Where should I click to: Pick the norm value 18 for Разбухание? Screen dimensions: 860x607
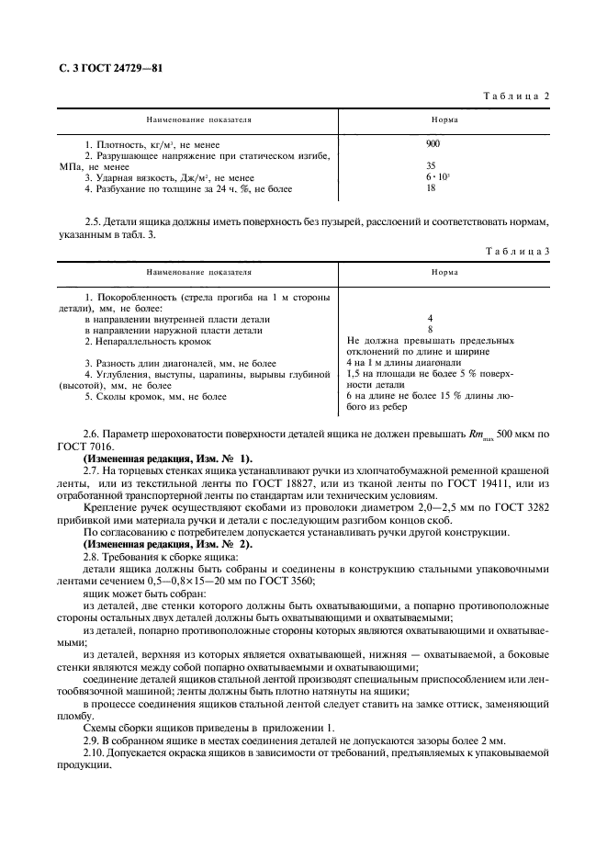click(x=430, y=188)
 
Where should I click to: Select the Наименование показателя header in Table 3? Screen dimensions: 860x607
click(x=198, y=273)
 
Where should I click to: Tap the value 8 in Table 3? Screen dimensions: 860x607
click(x=430, y=328)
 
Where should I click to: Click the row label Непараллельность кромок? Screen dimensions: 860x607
click(x=147, y=341)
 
